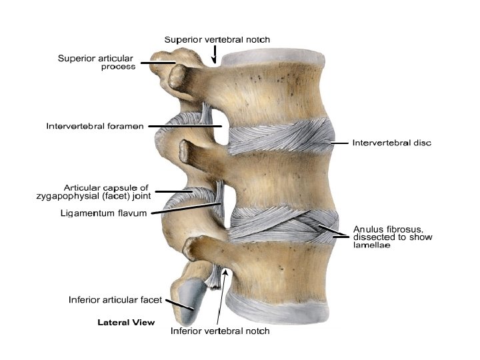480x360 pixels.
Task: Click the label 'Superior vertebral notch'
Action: (x=217, y=39)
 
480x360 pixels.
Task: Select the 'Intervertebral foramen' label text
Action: (x=94, y=125)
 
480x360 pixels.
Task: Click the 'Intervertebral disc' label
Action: (x=391, y=143)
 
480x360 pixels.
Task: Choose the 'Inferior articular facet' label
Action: (x=115, y=299)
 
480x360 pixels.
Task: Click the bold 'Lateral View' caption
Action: (x=126, y=322)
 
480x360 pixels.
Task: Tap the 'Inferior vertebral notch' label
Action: (x=220, y=331)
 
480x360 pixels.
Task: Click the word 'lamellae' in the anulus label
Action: (x=372, y=246)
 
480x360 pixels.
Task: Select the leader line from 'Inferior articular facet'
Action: (x=179, y=305)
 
